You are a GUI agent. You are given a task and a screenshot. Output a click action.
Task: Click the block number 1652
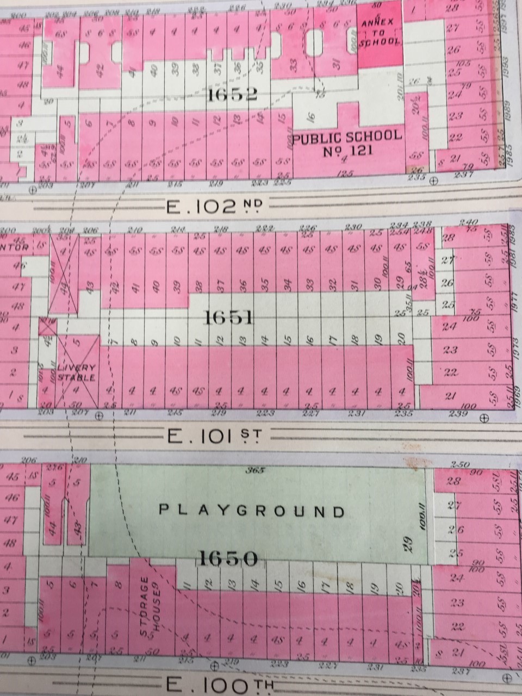click(231, 96)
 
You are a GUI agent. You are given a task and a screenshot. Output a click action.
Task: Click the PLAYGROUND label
click(252, 511)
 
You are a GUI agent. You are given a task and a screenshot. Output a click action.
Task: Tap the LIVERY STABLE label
click(77, 373)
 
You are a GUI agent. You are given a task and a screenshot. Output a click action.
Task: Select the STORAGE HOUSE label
click(150, 604)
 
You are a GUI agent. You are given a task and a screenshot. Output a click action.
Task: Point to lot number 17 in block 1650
click(324, 587)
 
